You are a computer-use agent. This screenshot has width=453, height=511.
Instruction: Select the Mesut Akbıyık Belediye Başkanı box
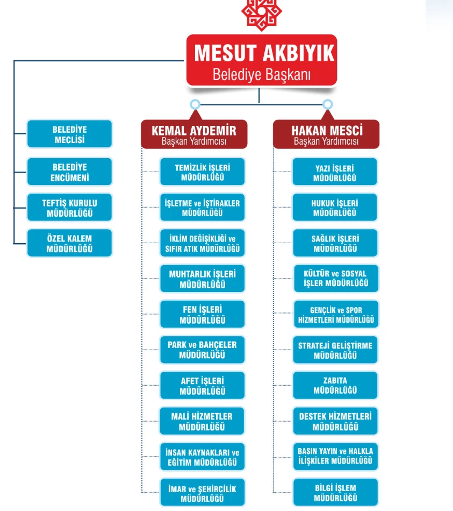tap(262, 60)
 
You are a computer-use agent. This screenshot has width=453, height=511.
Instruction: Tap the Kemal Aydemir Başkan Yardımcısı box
tap(194, 134)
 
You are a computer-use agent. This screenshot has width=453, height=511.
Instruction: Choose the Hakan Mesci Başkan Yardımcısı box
tap(326, 134)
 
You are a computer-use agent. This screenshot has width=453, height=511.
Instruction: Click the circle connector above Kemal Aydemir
tap(195, 104)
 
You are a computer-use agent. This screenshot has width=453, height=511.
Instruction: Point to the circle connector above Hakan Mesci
tap(327, 104)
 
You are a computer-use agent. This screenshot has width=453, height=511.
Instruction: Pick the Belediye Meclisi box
tap(70, 134)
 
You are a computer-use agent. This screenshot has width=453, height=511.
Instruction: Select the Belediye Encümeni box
tap(70, 172)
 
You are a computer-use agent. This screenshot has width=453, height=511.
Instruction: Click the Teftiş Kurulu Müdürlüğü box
tap(70, 208)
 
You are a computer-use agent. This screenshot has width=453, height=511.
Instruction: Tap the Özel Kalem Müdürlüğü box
tap(70, 243)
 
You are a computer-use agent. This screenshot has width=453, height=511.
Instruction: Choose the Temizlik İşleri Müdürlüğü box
tap(202, 172)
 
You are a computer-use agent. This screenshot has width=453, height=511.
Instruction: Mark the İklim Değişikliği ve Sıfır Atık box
tap(202, 243)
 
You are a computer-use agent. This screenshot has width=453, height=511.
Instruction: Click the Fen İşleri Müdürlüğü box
tap(202, 314)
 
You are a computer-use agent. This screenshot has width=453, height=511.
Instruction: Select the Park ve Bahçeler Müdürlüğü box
tap(202, 350)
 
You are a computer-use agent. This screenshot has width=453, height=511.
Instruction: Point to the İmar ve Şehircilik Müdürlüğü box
tap(202, 492)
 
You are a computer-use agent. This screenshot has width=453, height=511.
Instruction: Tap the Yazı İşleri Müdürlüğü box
tap(335, 172)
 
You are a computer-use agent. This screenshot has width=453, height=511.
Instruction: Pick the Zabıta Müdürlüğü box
tap(335, 385)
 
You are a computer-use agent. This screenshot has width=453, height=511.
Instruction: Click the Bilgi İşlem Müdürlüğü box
tap(335, 492)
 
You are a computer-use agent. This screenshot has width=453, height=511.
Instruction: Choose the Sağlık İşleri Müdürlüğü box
tap(335, 243)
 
